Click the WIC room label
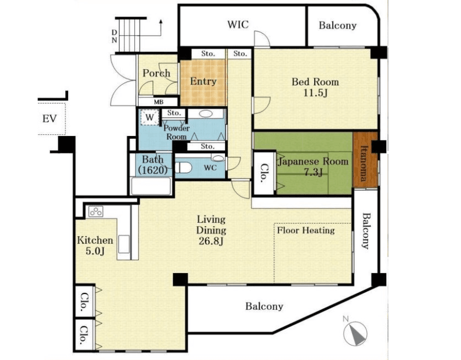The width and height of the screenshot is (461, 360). pyautogui.click(x=238, y=24)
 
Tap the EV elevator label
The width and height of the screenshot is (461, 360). pyautogui.click(x=50, y=119)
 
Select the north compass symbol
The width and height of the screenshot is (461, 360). pyautogui.click(x=355, y=332)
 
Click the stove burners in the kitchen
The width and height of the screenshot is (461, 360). pyautogui.click(x=96, y=211)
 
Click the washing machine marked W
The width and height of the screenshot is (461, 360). pyautogui.click(x=150, y=117)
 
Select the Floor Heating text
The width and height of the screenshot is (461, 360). pyautogui.click(x=306, y=230)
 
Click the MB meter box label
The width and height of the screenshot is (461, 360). pyautogui.click(x=158, y=102)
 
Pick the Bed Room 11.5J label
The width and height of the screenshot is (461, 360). pyautogui.click(x=315, y=87)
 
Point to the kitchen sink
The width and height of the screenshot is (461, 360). pyautogui.click(x=124, y=244)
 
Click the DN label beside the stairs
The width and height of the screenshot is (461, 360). pyautogui.click(x=114, y=36)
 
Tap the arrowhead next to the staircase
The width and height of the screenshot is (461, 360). pyautogui.click(x=161, y=21)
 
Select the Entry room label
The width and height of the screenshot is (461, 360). pyautogui.click(x=203, y=81)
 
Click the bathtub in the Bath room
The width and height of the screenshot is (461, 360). pyautogui.click(x=151, y=186)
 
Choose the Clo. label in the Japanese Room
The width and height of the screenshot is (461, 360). pyautogui.click(x=264, y=173)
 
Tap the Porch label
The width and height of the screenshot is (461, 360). pyautogui.click(x=156, y=73)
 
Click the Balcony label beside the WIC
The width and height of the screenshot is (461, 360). pyautogui.click(x=338, y=25)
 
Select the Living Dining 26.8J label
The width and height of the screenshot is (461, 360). pyautogui.click(x=211, y=230)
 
